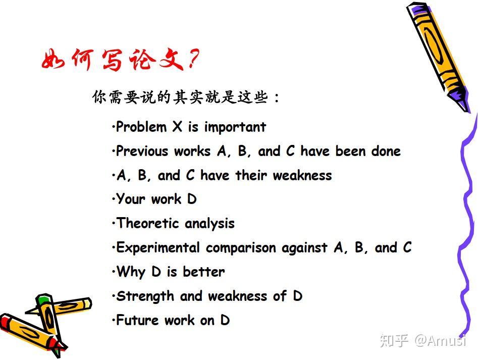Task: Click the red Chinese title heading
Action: (120, 59)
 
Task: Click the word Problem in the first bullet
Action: (141, 127)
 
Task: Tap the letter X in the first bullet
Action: (177, 127)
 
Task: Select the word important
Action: (235, 127)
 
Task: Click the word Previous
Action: (142, 151)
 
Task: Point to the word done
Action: (386, 151)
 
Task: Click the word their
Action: (251, 175)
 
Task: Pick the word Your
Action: (131, 199)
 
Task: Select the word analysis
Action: (210, 224)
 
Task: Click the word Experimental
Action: (158, 247)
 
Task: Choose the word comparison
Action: (241, 248)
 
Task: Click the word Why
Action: (131, 272)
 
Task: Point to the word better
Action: (203, 272)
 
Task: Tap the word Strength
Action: (145, 296)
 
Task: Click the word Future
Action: (137, 320)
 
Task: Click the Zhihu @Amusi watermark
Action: (423, 340)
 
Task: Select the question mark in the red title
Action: (193, 59)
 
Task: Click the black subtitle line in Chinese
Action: (186, 97)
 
